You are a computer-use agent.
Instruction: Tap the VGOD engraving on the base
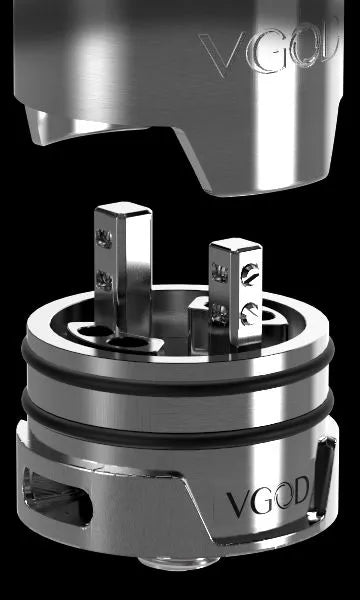(270, 496)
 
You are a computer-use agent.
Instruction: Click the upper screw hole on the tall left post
(101, 237)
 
